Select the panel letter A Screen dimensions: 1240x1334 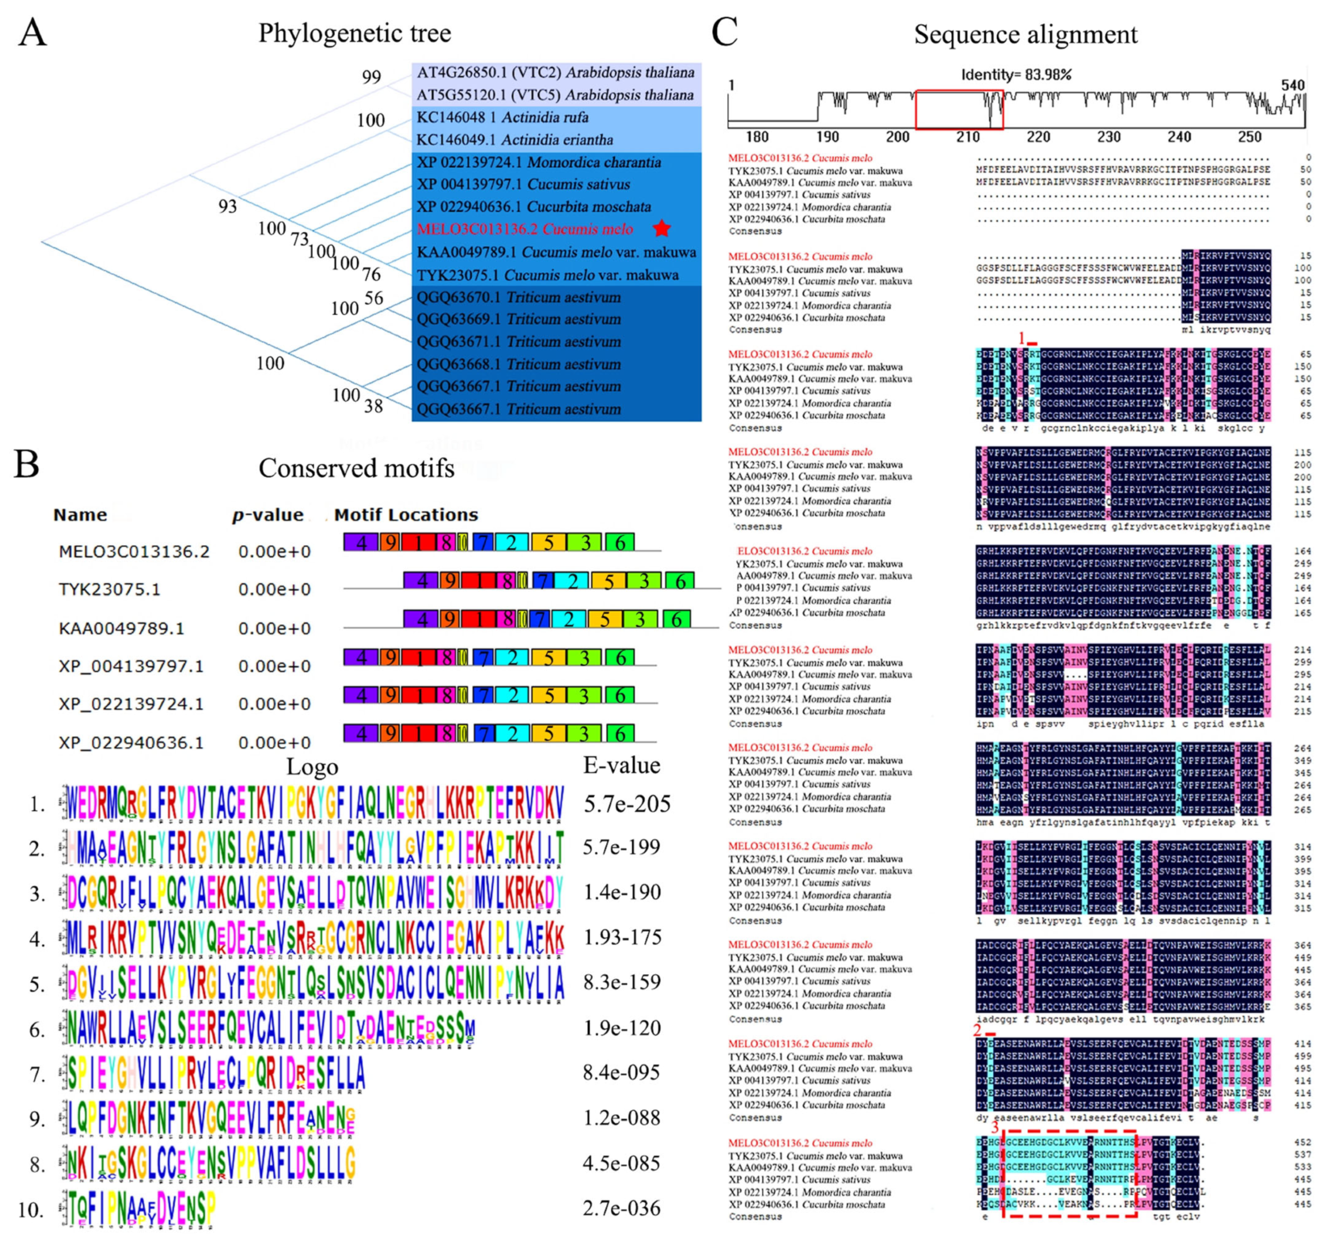(x=32, y=33)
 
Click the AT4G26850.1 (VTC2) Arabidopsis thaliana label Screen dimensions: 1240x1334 (x=555, y=73)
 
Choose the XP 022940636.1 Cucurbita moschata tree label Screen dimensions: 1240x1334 (x=534, y=207)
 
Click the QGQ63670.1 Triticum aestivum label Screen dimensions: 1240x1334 (x=518, y=297)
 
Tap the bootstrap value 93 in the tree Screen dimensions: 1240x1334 (x=227, y=206)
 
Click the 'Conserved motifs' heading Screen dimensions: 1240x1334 (x=356, y=468)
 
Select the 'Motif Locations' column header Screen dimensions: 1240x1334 (x=406, y=515)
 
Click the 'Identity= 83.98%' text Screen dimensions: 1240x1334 (x=1016, y=74)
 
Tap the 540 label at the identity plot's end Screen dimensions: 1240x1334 (x=1292, y=85)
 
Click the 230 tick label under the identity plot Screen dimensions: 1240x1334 (x=1108, y=137)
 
